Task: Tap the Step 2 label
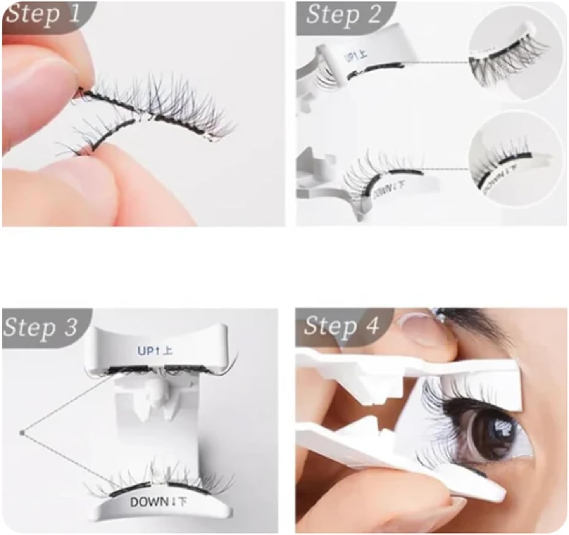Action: click(343, 15)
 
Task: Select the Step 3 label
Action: click(40, 327)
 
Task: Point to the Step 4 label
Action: click(341, 325)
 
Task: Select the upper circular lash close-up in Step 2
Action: click(516, 58)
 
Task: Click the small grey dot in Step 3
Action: click(22, 433)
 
